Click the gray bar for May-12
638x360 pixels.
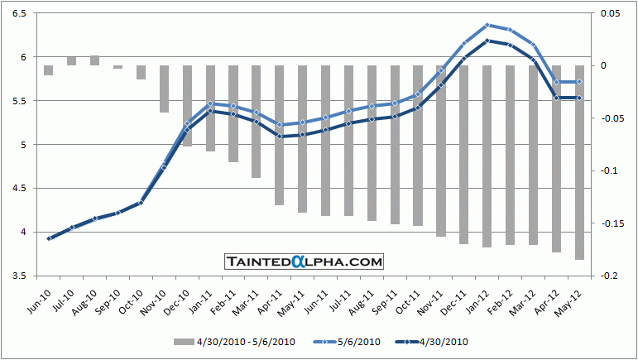point(579,162)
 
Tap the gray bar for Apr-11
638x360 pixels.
point(280,135)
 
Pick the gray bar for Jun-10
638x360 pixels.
point(49,70)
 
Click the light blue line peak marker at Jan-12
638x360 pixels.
point(487,25)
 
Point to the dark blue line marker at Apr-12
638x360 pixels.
point(556,98)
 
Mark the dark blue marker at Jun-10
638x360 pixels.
point(49,238)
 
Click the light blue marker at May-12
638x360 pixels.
point(579,82)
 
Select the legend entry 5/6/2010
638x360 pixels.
point(347,341)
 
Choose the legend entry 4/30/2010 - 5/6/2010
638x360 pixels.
point(236,341)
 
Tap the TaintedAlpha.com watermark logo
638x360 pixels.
point(305,262)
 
